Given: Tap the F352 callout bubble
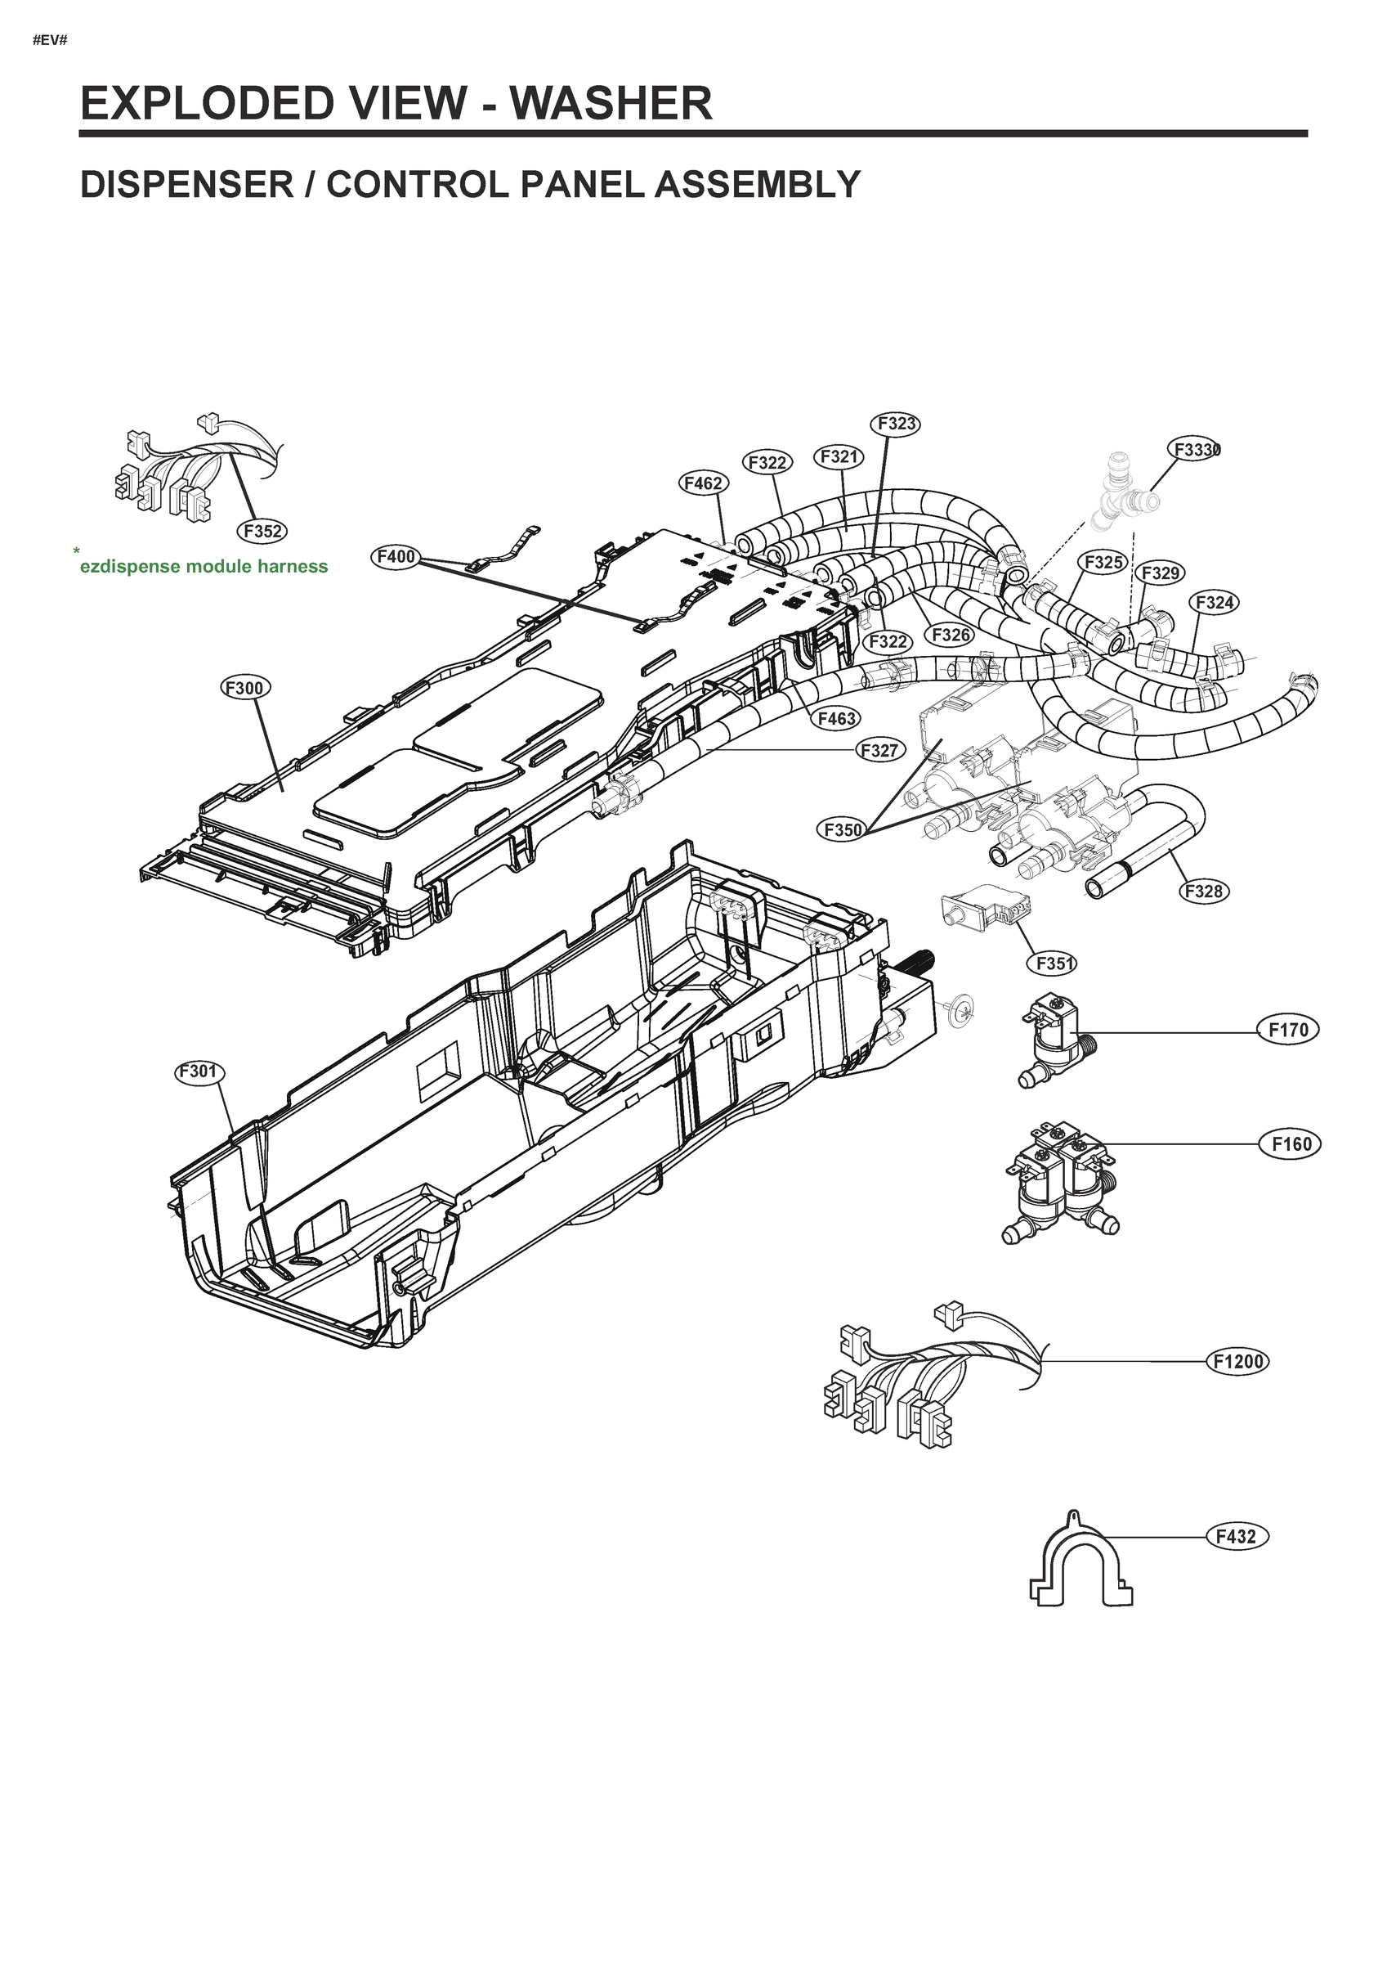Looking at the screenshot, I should coord(262,531).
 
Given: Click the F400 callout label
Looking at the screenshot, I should coord(396,556).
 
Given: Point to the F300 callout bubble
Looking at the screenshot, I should coord(245,687).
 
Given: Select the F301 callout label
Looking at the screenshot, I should coord(200,1072).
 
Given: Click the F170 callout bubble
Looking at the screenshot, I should coord(1288,1030).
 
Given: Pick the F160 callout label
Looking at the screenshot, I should coord(1291,1144).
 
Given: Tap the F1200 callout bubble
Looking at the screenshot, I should coord(1237,1361).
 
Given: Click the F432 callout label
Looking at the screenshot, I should coord(1236,1536).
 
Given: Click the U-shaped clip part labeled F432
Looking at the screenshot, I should coord(1082,1564).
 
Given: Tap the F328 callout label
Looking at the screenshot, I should coord(1204,891).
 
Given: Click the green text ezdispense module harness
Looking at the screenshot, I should coord(204,566).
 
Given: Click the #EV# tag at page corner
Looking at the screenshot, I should coord(50,40).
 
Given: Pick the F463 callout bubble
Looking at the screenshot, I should coord(835,719).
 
